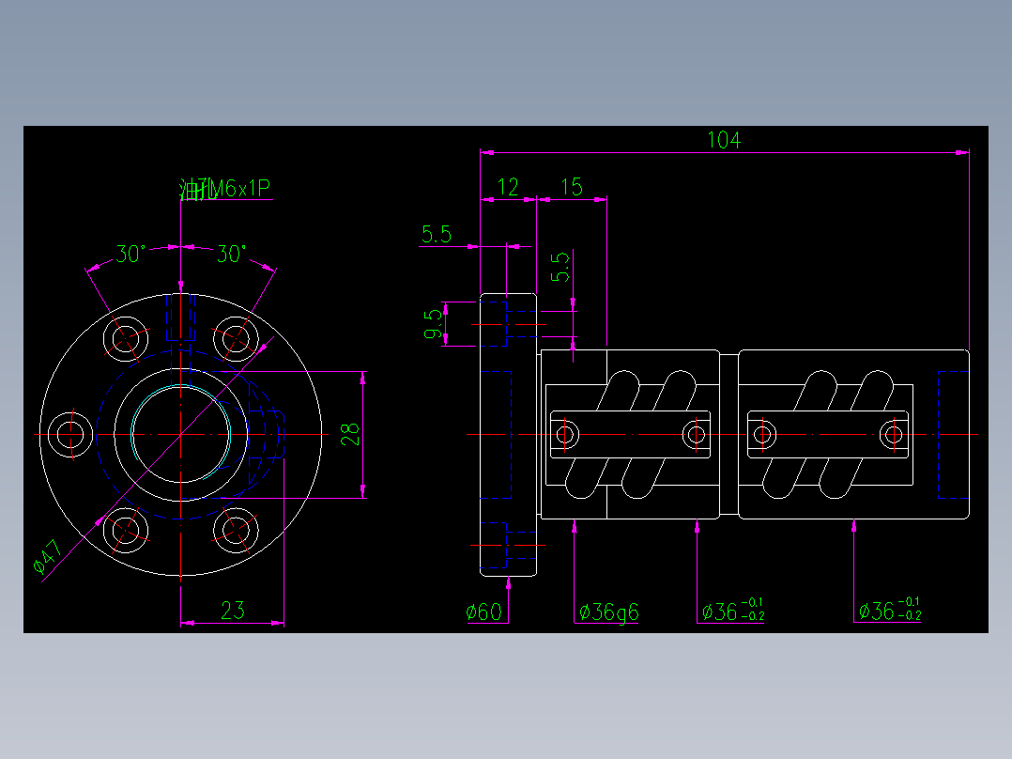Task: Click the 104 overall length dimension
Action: click(x=723, y=140)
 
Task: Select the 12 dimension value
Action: click(x=507, y=187)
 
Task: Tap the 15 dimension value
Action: click(x=571, y=187)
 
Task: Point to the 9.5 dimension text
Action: click(x=433, y=323)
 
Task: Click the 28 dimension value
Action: click(x=349, y=434)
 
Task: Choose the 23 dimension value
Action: click(x=232, y=611)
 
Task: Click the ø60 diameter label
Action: click(x=484, y=612)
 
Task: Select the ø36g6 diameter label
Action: click(x=608, y=612)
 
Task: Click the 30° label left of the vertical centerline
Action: click(x=130, y=254)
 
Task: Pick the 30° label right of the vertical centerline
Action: click(x=231, y=254)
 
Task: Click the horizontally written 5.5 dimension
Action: click(x=437, y=235)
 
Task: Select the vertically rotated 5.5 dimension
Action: click(x=560, y=268)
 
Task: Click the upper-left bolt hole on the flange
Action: click(x=126, y=337)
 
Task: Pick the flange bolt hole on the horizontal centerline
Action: click(x=69, y=435)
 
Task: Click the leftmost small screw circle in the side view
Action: click(x=565, y=434)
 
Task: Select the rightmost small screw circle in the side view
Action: click(x=893, y=434)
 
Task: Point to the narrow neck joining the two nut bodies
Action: click(x=728, y=434)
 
